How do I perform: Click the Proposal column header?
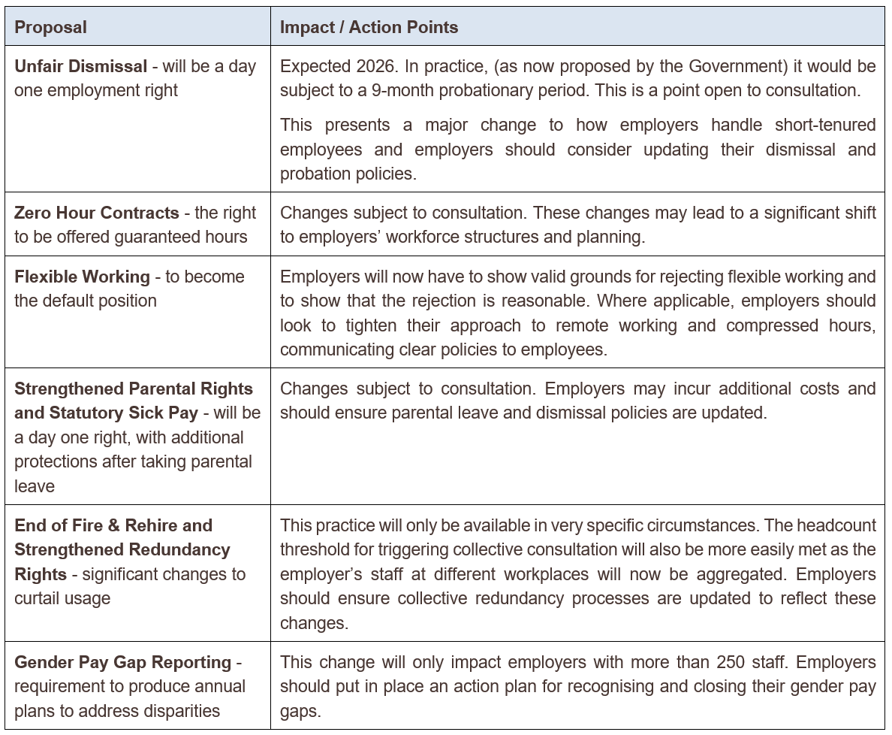[50, 28]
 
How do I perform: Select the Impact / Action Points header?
[369, 28]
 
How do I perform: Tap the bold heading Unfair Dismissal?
[80, 66]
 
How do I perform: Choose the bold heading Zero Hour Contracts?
[97, 213]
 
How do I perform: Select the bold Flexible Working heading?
[81, 277]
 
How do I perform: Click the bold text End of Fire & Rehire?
[113, 525]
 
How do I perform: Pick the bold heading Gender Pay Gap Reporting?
[123, 662]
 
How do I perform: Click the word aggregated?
[733, 574]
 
